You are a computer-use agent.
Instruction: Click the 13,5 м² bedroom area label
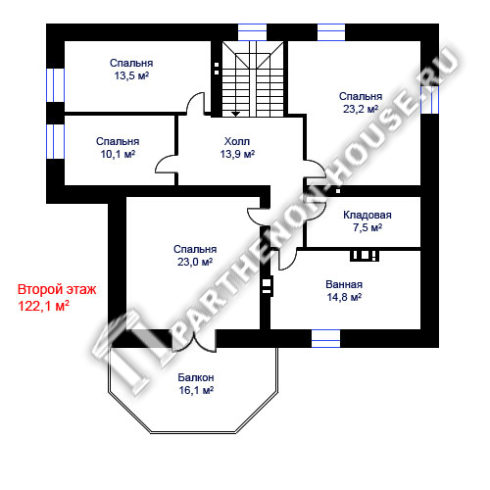(x=131, y=76)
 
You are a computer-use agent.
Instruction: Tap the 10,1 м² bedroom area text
(x=118, y=154)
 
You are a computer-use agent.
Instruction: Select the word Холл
(x=237, y=141)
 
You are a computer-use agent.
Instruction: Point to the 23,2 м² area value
(x=361, y=109)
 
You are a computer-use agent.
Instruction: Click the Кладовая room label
(x=367, y=215)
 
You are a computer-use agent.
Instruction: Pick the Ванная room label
(x=344, y=284)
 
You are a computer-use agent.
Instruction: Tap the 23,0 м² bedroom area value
(x=195, y=262)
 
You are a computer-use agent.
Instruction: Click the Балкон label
(x=196, y=377)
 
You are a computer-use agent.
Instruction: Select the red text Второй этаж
(x=57, y=290)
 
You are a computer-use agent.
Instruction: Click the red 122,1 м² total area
(x=43, y=306)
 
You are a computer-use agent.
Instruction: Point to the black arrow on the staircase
(x=235, y=114)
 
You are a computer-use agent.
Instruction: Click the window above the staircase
(x=252, y=32)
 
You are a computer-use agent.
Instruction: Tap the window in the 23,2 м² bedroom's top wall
(x=331, y=32)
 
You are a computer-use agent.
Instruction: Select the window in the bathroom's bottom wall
(x=325, y=338)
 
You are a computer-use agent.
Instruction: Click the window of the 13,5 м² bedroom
(x=55, y=85)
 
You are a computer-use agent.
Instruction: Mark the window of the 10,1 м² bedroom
(x=55, y=141)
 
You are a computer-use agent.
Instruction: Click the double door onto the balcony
(x=194, y=341)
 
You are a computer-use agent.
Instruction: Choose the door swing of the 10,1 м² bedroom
(x=166, y=164)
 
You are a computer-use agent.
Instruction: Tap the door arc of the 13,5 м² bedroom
(x=195, y=103)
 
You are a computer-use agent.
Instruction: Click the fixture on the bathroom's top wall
(x=365, y=256)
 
